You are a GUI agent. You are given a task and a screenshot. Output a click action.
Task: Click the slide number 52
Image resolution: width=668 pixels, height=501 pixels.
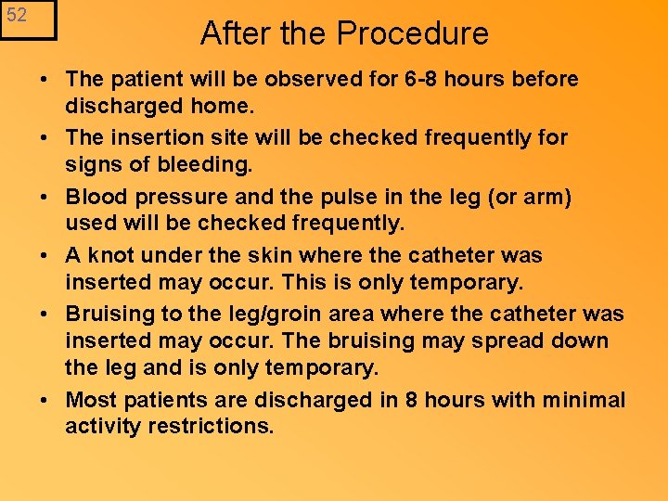[17, 16]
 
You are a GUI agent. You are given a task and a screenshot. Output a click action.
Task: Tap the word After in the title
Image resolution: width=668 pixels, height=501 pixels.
[235, 33]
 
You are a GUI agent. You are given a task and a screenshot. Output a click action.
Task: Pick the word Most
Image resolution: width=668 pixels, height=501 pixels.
[91, 400]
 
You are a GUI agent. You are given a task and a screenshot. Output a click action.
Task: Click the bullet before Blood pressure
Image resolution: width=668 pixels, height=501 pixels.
[45, 197]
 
